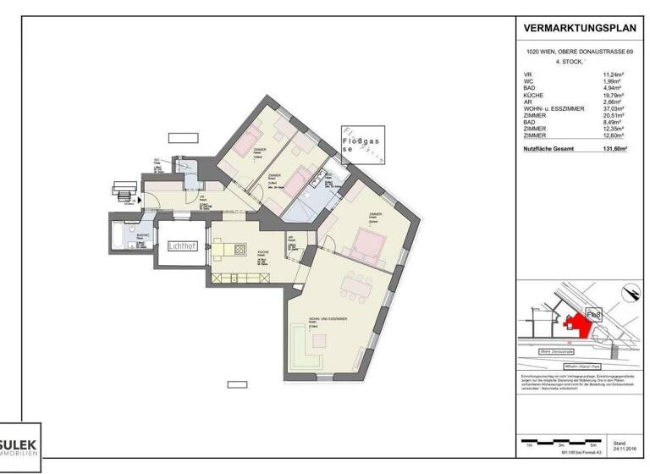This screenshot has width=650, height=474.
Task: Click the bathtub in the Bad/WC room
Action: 115,237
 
